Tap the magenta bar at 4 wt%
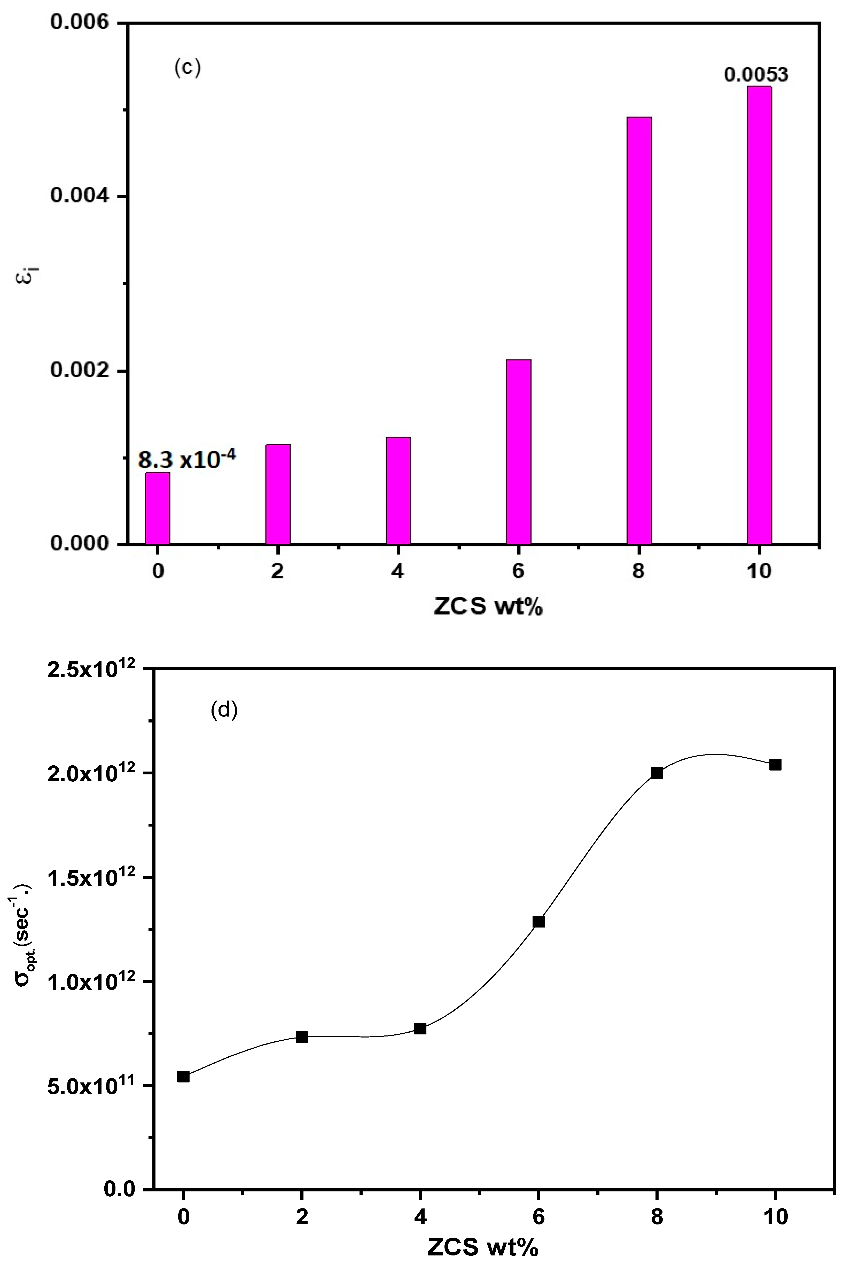click(398, 490)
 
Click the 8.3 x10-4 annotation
click(187, 460)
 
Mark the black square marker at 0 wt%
click(183, 1076)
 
